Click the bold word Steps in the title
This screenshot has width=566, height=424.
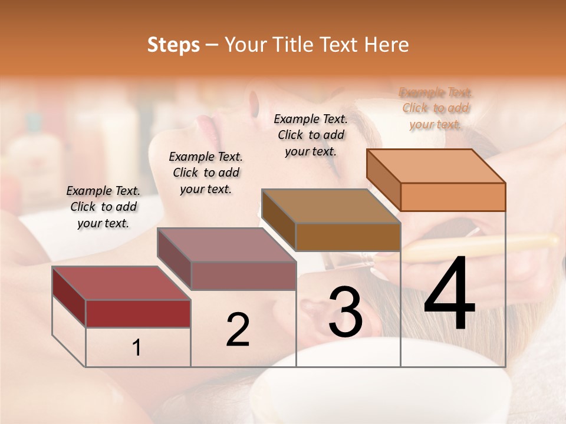pyautogui.click(x=173, y=45)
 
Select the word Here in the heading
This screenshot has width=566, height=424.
pyautogui.click(x=387, y=45)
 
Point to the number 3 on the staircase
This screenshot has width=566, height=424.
pyautogui.click(x=345, y=312)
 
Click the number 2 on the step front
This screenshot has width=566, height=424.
pyautogui.click(x=238, y=329)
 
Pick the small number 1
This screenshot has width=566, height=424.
pyautogui.click(x=137, y=348)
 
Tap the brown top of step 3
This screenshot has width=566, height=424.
pyautogui.click(x=331, y=206)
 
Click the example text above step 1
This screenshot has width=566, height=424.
pyautogui.click(x=103, y=207)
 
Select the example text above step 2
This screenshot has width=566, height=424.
pyautogui.click(x=206, y=173)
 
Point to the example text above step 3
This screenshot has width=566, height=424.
pyautogui.click(x=311, y=135)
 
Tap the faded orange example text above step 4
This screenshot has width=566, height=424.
pyautogui.click(x=436, y=108)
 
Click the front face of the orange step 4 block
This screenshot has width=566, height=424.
pyautogui.click(x=453, y=197)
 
